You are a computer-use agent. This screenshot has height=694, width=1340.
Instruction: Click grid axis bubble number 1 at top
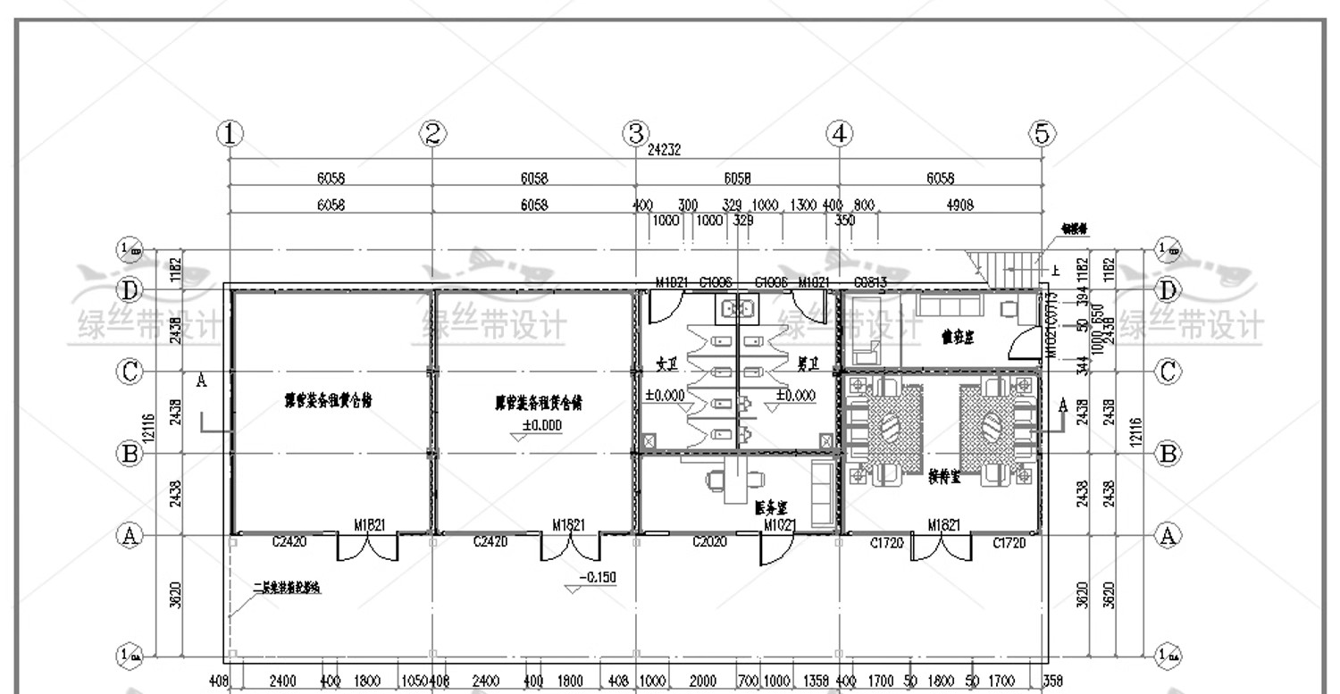coord(230,135)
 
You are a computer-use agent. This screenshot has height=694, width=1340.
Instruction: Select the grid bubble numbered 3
coord(635,135)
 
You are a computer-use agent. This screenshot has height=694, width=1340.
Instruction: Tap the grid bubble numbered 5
coord(1042,135)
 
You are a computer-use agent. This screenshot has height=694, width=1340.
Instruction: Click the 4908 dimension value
coord(959,205)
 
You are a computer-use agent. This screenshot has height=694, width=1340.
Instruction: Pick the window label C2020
coord(709,541)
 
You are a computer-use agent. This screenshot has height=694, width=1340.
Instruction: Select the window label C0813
coord(870,282)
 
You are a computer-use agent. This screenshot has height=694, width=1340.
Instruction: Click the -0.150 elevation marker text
coord(597,578)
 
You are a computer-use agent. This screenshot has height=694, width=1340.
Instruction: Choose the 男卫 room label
coord(808,364)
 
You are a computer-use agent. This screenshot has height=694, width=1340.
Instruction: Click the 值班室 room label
coord(957,337)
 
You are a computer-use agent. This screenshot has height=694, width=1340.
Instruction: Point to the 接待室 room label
coord(944,478)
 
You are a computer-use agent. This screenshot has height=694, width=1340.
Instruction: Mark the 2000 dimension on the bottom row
coord(703,681)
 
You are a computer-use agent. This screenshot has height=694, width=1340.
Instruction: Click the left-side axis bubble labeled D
coord(130,290)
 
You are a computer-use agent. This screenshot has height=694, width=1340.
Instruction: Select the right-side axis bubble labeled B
coord(1168,454)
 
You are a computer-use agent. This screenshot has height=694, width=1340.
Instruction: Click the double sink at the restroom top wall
coord(737,308)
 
